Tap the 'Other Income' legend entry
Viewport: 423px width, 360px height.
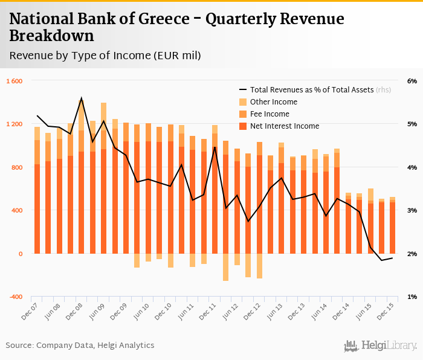click(270, 101)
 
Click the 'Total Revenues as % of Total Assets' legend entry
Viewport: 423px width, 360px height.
click(311, 89)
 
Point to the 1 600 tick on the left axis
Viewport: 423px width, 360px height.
click(14, 81)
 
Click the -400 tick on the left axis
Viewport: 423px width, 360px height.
click(15, 297)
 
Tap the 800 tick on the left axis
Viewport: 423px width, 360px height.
click(16, 167)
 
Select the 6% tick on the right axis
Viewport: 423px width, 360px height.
click(412, 81)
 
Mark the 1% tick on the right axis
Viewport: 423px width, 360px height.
click(412, 297)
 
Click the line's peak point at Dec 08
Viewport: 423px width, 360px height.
click(82, 98)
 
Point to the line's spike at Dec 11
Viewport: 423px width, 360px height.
click(215, 147)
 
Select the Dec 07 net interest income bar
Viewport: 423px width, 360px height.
click(37, 208)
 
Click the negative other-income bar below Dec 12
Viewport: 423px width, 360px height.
click(259, 266)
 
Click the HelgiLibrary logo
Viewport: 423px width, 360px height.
click(380, 346)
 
